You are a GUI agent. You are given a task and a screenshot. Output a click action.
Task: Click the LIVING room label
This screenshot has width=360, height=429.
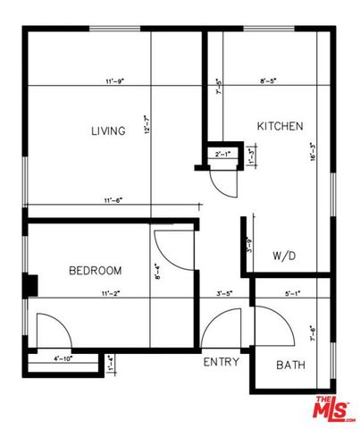107,131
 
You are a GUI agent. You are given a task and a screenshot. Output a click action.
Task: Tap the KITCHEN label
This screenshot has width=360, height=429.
280,126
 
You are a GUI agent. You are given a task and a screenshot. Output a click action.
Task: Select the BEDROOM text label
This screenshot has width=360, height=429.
94,270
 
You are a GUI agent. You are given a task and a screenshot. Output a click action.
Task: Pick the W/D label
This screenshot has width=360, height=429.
284,256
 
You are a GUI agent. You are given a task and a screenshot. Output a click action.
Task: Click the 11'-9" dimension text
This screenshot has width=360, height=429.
113,81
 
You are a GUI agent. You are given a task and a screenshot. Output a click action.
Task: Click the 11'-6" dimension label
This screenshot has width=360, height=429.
113,200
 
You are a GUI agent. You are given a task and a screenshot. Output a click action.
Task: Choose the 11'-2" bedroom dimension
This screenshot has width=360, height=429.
111,292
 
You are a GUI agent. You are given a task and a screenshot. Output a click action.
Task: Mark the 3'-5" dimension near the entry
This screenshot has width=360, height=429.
225,292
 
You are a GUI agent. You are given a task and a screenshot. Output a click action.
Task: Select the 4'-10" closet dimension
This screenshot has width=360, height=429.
63,358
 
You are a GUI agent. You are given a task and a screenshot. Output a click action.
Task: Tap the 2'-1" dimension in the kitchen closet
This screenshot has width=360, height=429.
222,155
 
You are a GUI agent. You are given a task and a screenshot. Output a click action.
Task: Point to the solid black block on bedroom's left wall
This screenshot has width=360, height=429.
29,285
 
